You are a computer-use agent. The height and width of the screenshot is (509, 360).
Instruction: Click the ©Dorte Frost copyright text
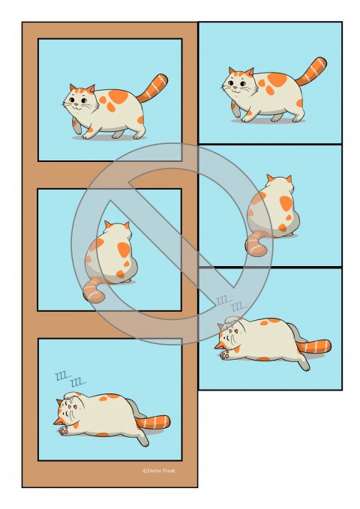tap(158, 471)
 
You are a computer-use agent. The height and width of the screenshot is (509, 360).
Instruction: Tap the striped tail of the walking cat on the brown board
tap(153, 88)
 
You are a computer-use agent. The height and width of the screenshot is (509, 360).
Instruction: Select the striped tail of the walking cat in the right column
tap(312, 71)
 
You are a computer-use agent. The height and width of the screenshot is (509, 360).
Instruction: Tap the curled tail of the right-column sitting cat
tap(257, 244)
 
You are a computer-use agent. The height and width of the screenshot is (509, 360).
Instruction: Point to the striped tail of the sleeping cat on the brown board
tap(153, 422)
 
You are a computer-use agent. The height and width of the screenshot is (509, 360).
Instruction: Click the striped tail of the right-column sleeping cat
tap(313, 346)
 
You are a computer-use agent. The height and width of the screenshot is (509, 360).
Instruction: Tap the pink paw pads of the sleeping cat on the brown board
tap(64, 430)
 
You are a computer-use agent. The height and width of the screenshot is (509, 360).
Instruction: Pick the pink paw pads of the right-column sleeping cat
tap(224, 355)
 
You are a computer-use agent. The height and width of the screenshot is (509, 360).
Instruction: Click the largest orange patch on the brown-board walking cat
tap(118, 97)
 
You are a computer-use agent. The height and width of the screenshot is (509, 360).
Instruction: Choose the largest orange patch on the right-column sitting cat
tap(286, 203)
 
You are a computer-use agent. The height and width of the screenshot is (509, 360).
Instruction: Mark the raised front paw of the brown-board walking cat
tap(76, 126)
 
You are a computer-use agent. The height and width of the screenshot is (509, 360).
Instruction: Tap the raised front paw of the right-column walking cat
tap(236, 109)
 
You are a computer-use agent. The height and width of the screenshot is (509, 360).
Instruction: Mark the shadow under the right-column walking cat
tap(268, 121)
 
